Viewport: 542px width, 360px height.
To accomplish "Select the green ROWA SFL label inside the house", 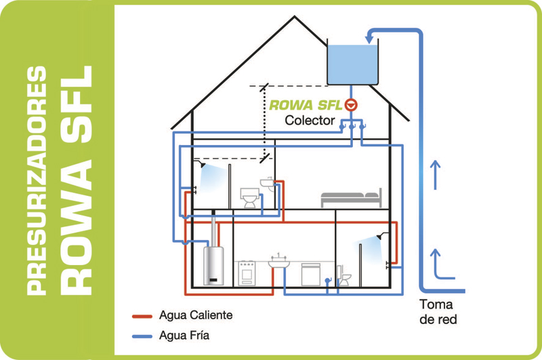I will [x=306, y=106].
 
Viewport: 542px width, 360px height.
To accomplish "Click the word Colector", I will [x=310, y=121].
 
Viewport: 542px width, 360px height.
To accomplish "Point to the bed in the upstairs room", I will [x=351, y=198].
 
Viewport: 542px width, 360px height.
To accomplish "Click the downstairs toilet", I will [x=343, y=277].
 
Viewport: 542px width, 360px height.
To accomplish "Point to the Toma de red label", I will [x=436, y=311].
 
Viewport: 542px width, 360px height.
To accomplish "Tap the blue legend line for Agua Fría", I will [x=142, y=334].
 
